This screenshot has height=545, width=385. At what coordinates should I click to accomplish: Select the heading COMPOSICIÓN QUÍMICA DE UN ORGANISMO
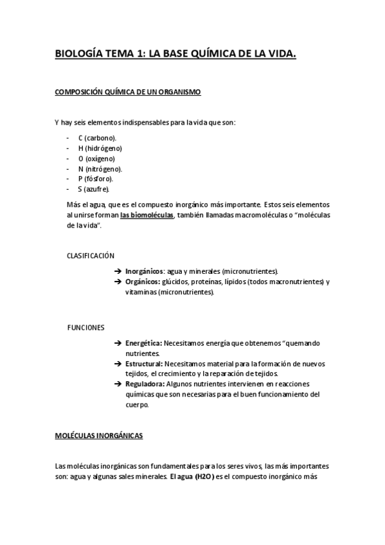point(128,93)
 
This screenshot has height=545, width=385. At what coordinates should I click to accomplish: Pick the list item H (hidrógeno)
point(100,148)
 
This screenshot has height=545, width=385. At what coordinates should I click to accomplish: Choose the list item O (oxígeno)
point(96,158)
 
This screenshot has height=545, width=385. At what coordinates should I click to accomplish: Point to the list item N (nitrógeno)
point(100,168)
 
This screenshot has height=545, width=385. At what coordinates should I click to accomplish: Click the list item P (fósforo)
point(96,179)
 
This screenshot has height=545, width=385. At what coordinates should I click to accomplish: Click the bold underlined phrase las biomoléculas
point(147,215)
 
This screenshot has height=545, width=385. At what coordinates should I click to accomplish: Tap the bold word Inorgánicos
point(145,271)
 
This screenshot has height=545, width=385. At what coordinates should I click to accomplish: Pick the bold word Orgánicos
point(143,281)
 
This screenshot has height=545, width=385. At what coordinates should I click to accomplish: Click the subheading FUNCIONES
point(85,328)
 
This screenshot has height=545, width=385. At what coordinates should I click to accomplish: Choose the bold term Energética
point(143,343)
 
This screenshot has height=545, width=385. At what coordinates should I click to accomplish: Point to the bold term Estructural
point(144,364)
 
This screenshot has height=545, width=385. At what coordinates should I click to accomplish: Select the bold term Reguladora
point(144,384)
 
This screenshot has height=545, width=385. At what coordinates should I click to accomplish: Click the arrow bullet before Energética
point(118,343)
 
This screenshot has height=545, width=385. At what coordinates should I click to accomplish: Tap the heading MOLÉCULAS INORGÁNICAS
point(99,436)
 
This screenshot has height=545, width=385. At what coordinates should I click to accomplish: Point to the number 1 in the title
point(141,56)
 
